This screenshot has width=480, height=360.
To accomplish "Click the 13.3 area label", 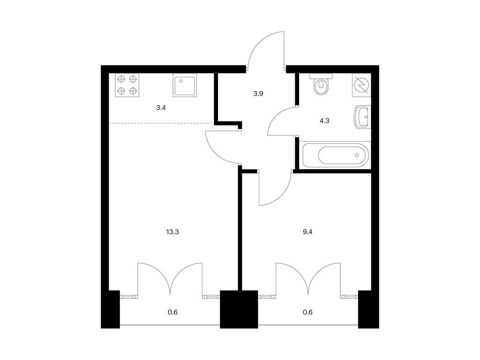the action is pyautogui.click(x=172, y=232).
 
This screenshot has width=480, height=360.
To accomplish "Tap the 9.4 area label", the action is pyautogui.click(x=307, y=232).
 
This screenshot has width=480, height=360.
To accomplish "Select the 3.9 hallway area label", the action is pyautogui.click(x=258, y=94).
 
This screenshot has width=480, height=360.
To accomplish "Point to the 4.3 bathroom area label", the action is pyautogui.click(x=324, y=120).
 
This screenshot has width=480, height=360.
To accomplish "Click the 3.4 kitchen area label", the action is pyautogui.click(x=161, y=107).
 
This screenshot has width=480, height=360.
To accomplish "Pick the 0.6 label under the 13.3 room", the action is pyautogui.click(x=172, y=312).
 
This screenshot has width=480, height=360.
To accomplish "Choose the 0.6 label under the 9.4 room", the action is pyautogui.click(x=307, y=312).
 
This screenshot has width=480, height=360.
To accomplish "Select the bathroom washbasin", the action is pyautogui.click(x=363, y=117).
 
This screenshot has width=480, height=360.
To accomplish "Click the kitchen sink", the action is pyautogui.click(x=185, y=85).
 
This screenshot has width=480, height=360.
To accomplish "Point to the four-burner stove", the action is pyautogui.click(x=127, y=85).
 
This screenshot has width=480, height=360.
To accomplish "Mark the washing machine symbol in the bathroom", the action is pyautogui.click(x=361, y=85).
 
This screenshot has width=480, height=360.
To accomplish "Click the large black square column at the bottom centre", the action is pyautogui.click(x=239, y=309).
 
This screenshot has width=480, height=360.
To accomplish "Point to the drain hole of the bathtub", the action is pyautogui.click(x=357, y=155).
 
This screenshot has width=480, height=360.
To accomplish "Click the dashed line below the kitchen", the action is pyautogui.click(x=161, y=123).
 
